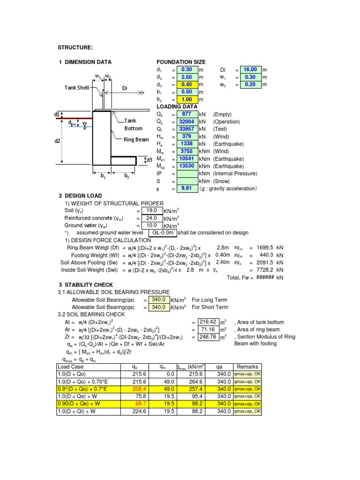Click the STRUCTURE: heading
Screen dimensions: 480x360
[x=75, y=48]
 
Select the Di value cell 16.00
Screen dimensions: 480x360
[x=249, y=69]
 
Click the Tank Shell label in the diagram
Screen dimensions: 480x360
[x=77, y=88]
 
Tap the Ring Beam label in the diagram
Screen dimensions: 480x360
[x=136, y=139]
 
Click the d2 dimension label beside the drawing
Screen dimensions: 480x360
[x=57, y=141]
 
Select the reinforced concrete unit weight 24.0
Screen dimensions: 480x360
[x=151, y=218]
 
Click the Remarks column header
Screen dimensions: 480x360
[x=247, y=367]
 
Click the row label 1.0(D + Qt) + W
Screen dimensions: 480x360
[x=80, y=411]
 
